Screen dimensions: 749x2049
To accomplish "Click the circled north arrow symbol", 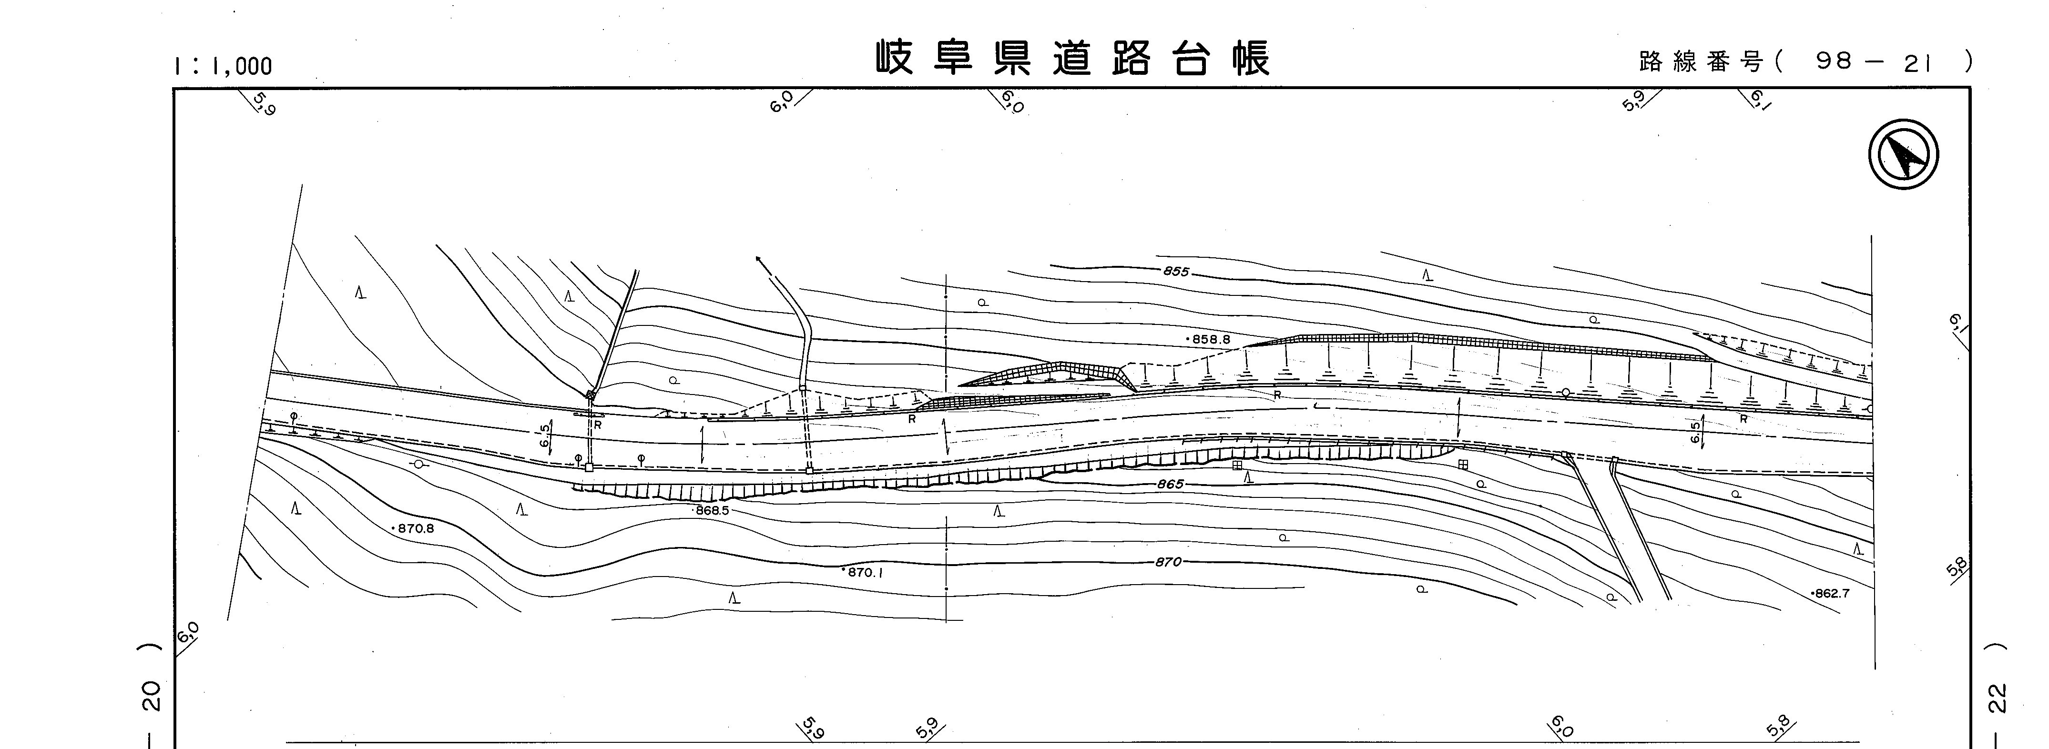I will pos(1903,154).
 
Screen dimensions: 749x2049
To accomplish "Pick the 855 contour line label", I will pos(1176,271).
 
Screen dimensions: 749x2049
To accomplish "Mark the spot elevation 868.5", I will pos(712,510).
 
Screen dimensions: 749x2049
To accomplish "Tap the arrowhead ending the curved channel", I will pos(758,258).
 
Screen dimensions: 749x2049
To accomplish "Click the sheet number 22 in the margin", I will pos(1998,698).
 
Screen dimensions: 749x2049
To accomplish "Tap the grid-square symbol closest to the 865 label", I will pos(1237,465).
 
